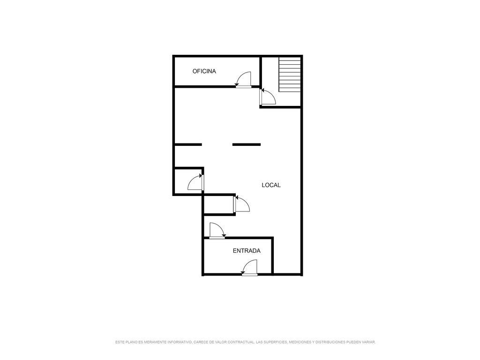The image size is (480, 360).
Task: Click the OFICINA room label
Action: (204, 71)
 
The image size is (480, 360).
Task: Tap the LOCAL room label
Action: (271, 185)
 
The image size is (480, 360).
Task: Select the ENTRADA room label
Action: (247, 251)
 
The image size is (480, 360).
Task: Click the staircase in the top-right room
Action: (290, 74)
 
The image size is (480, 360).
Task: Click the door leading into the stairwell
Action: (268, 97)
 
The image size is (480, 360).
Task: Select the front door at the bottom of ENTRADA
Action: (249, 268)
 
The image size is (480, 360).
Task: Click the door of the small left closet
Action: (195, 182)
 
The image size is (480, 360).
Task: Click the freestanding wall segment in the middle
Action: (247, 144)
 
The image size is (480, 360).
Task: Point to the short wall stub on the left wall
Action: (188, 144)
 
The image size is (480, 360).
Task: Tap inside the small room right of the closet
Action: (218, 205)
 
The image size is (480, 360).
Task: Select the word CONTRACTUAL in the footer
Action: (241, 342)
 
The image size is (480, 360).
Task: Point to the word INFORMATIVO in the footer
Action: (179, 342)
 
